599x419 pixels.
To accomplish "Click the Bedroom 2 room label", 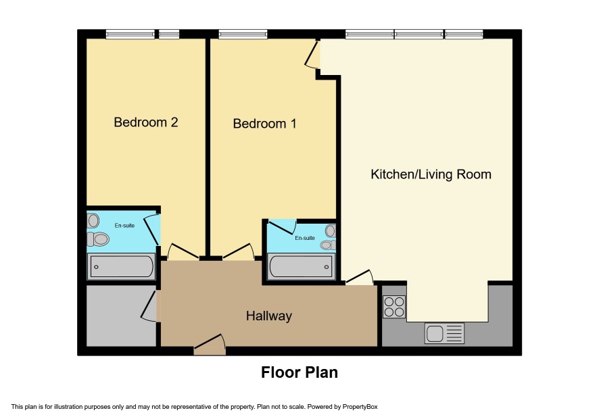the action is (145, 122).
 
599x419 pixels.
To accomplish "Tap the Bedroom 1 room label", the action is (264, 124).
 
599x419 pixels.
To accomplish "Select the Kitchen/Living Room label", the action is (431, 174).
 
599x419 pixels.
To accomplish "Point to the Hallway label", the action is (269, 316).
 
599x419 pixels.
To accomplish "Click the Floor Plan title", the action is (299, 372).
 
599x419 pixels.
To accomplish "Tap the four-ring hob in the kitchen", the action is (394, 307).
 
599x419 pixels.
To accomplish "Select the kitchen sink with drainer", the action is (444, 333).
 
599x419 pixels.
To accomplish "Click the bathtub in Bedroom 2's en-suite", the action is (122, 266).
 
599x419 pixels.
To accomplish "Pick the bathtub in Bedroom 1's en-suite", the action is (301, 266).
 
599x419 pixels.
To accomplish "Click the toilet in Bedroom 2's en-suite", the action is (98, 239).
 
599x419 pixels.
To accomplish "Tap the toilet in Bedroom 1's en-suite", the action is (328, 245).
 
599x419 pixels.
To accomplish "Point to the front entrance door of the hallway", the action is (210, 344).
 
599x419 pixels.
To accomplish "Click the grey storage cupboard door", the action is (149, 306).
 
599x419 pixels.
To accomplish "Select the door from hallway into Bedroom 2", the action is (183, 251).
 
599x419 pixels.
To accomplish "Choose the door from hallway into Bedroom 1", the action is (239, 251).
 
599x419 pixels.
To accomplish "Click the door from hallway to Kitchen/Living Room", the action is (359, 277).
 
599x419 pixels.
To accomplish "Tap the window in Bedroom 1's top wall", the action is (243, 34).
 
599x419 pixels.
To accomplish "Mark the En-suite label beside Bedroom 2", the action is (124, 225).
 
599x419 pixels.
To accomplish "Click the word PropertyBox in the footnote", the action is (360, 407).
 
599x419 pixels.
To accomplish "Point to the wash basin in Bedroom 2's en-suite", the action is (93, 221).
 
